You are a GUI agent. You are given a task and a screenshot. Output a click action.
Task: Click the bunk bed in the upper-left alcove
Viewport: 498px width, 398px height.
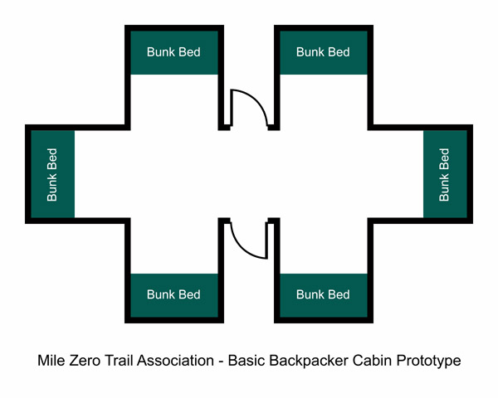tap(173, 52)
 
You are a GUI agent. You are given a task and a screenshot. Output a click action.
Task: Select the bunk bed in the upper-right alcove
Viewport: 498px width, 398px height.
tap(323, 52)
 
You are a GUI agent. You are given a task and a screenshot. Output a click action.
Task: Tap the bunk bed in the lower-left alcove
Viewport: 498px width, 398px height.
tap(173, 294)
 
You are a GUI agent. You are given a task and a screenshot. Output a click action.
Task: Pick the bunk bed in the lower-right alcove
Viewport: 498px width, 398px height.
tap(323, 294)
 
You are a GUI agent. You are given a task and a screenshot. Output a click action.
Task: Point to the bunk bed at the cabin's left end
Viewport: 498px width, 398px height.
tap(51, 174)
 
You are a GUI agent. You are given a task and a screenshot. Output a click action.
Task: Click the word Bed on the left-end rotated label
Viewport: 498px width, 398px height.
tap(51, 158)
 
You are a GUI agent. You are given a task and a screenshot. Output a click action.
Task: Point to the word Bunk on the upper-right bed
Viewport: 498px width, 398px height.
tap(310, 52)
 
